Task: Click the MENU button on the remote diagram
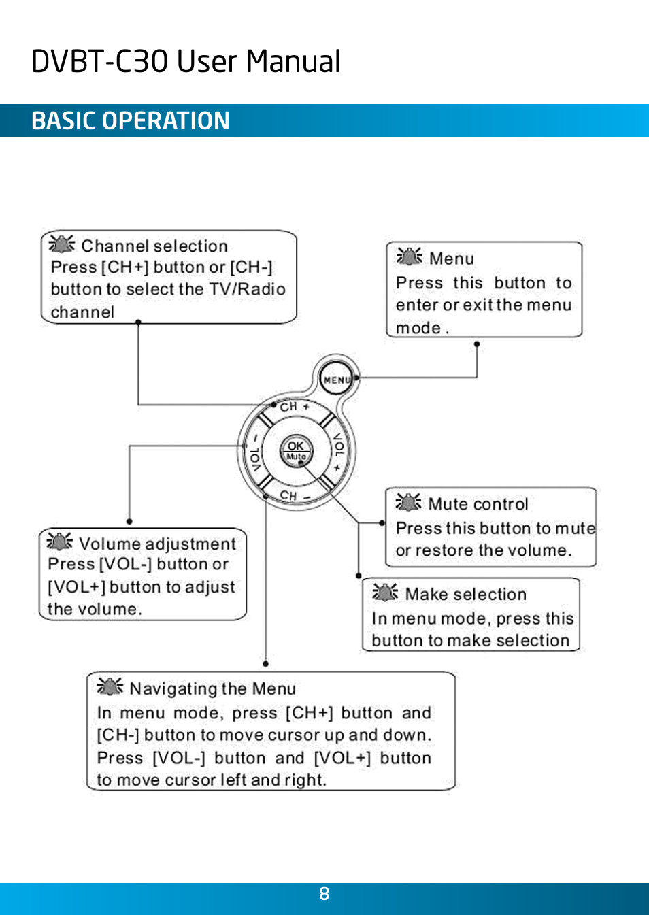[x=337, y=380]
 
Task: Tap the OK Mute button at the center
[x=296, y=450]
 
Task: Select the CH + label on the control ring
[x=295, y=406]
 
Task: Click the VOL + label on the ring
[x=338, y=451]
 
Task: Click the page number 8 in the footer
[x=324, y=894]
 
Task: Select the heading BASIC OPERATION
[x=131, y=121]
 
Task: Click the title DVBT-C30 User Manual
[x=186, y=61]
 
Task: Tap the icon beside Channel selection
[x=62, y=244]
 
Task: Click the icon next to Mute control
[x=408, y=502]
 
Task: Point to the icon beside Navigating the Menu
[x=110, y=686]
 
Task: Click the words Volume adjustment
[x=157, y=544]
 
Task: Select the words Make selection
[x=465, y=594]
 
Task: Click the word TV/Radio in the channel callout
[x=247, y=289]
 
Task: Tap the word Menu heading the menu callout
[x=451, y=259]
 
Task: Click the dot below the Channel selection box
[x=138, y=322]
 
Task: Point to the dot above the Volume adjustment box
[x=129, y=522]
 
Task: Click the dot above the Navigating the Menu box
[x=265, y=663]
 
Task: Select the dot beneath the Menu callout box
[x=477, y=344]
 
